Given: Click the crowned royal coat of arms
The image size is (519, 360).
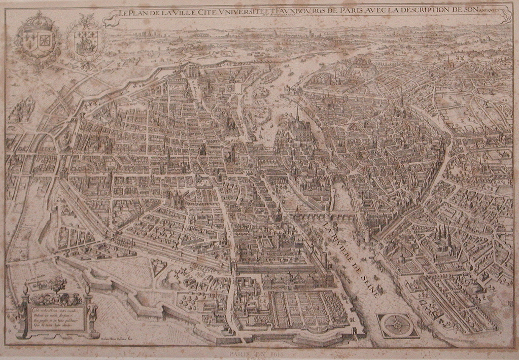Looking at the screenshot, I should tap(34, 41).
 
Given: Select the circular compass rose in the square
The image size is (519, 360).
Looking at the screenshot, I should tap(397, 325).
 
